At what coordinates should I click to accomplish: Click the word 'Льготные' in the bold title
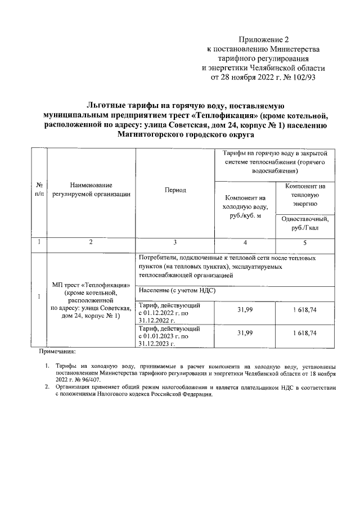point(108,105)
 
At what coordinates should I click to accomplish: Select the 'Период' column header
point(175,190)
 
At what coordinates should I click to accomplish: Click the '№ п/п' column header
point(39,190)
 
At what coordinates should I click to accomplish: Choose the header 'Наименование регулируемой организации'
point(91,190)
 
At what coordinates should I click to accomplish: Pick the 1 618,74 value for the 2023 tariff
point(305,334)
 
